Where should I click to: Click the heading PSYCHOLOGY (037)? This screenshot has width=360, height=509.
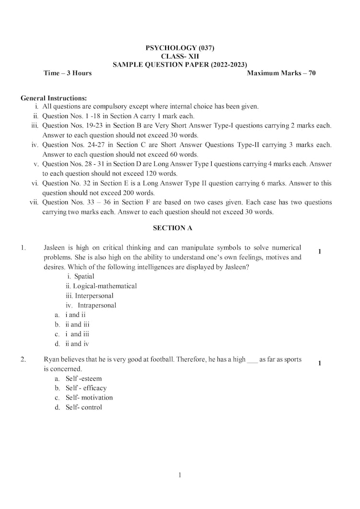point(180,48)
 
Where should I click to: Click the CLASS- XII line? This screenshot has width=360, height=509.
point(180,56)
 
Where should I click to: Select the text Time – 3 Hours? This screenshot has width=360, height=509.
point(67,73)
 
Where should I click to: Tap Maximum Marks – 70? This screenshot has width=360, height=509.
point(281,73)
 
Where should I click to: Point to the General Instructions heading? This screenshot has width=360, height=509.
point(54,98)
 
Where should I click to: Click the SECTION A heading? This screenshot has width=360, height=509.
point(172,228)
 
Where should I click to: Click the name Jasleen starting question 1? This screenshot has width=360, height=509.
point(53,248)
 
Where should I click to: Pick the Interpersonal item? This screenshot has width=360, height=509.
point(94,296)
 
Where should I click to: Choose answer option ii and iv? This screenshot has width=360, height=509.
point(77,344)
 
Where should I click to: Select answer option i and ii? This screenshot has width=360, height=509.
point(75,315)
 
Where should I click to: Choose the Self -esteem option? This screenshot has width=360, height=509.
point(84,378)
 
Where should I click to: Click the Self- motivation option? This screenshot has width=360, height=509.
point(89,398)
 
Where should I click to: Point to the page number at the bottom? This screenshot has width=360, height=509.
point(180,475)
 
